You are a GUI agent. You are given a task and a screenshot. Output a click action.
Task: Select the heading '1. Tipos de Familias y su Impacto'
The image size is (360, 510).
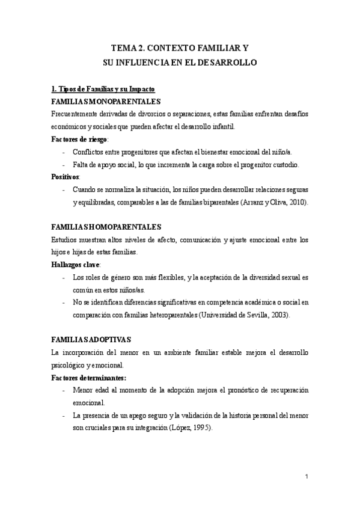tap(103, 89)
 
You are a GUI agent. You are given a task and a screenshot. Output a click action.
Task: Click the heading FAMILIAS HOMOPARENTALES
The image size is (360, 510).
tap(106, 227)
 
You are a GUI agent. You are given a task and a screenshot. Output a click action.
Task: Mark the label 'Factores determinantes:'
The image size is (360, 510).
tap(89, 377)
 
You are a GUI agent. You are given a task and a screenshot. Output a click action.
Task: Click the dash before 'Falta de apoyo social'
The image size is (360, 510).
tap(64, 164)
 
